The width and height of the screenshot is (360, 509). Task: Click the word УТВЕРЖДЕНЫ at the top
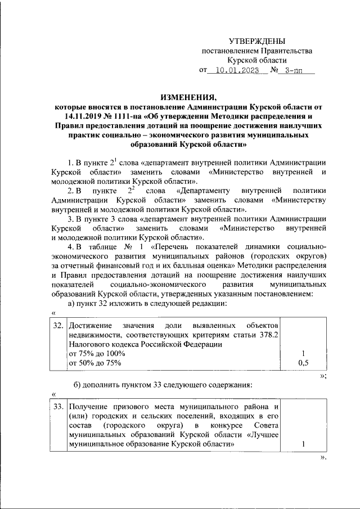click(x=256, y=41)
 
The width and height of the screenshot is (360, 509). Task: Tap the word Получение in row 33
click(x=87, y=406)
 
